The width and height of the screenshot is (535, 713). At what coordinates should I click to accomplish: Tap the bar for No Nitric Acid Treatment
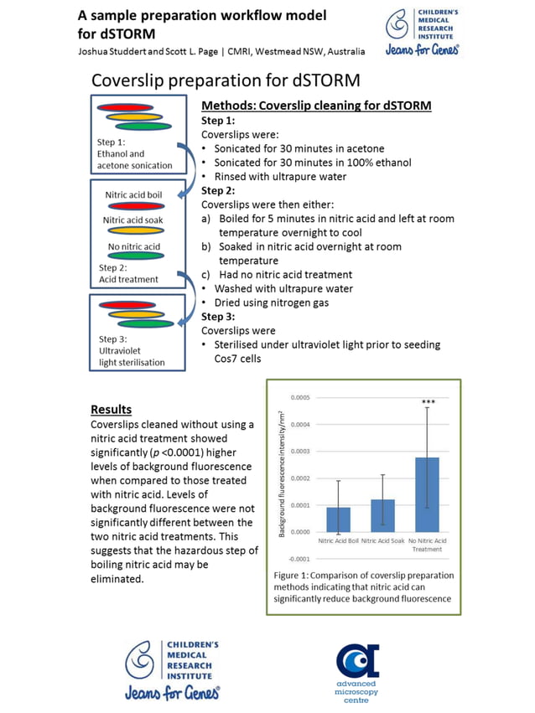(427, 494)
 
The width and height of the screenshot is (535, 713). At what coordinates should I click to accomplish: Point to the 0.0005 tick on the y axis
(299, 397)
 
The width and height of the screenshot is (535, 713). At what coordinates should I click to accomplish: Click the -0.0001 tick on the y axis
(299, 559)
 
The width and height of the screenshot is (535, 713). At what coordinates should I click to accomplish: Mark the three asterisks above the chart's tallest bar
(428, 403)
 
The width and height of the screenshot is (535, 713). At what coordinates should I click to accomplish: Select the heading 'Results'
(111, 410)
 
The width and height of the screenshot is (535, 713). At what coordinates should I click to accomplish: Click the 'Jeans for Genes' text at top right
(421, 50)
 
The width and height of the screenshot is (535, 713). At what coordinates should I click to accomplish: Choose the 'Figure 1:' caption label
(295, 576)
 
